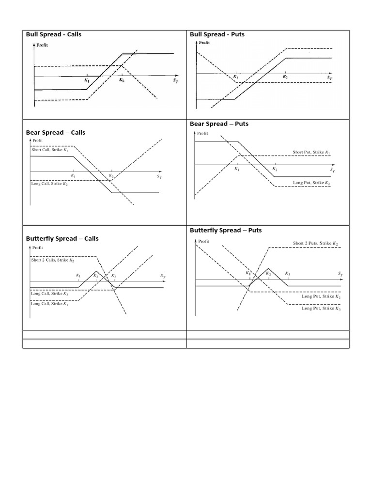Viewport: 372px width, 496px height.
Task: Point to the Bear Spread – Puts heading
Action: pos(219,124)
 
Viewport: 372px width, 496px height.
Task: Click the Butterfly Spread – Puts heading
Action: pos(226,230)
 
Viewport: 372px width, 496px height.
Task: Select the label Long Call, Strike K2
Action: pos(50,185)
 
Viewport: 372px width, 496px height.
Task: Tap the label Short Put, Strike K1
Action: pos(311,153)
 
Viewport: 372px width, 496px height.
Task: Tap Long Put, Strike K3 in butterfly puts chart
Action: pos(321,308)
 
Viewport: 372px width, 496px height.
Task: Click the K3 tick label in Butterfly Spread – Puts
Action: pos(288,274)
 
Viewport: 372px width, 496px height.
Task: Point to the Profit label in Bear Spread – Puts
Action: pos(202,133)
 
